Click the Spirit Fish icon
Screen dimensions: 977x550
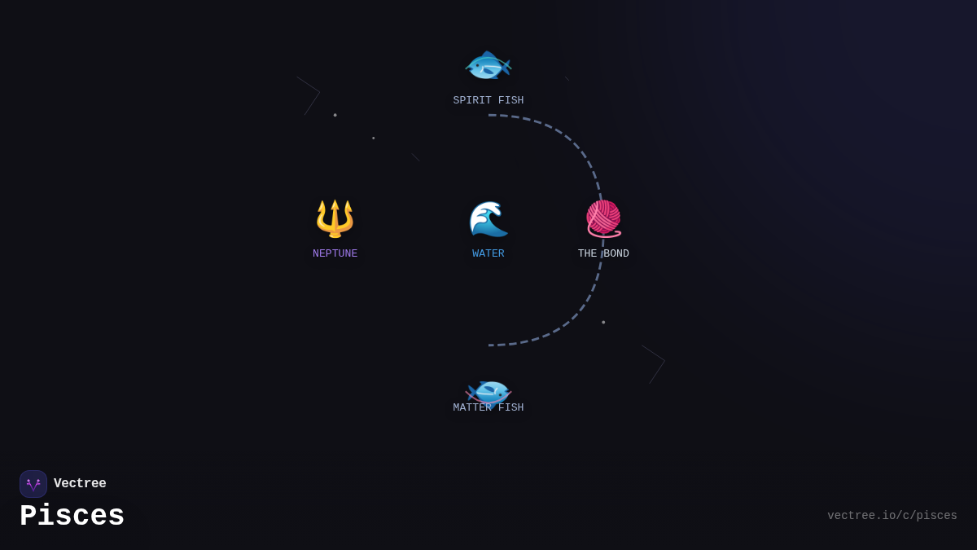488,65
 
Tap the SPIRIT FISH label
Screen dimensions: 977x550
488,100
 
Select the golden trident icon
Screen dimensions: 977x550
335,218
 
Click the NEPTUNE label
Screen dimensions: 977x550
335,253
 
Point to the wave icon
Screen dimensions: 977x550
488,218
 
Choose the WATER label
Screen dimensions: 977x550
488,253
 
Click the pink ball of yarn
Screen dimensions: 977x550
603,217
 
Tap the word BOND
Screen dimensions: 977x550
616,253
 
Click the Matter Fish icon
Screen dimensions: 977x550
488,392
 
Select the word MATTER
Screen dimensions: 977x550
472,407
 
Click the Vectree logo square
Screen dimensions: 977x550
33,484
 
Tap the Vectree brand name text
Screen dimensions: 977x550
80,483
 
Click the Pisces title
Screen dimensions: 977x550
72,516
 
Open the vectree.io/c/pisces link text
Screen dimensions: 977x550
892,516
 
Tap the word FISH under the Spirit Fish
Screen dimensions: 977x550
510,100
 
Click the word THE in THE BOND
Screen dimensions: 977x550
587,253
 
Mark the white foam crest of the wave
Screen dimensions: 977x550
485,209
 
